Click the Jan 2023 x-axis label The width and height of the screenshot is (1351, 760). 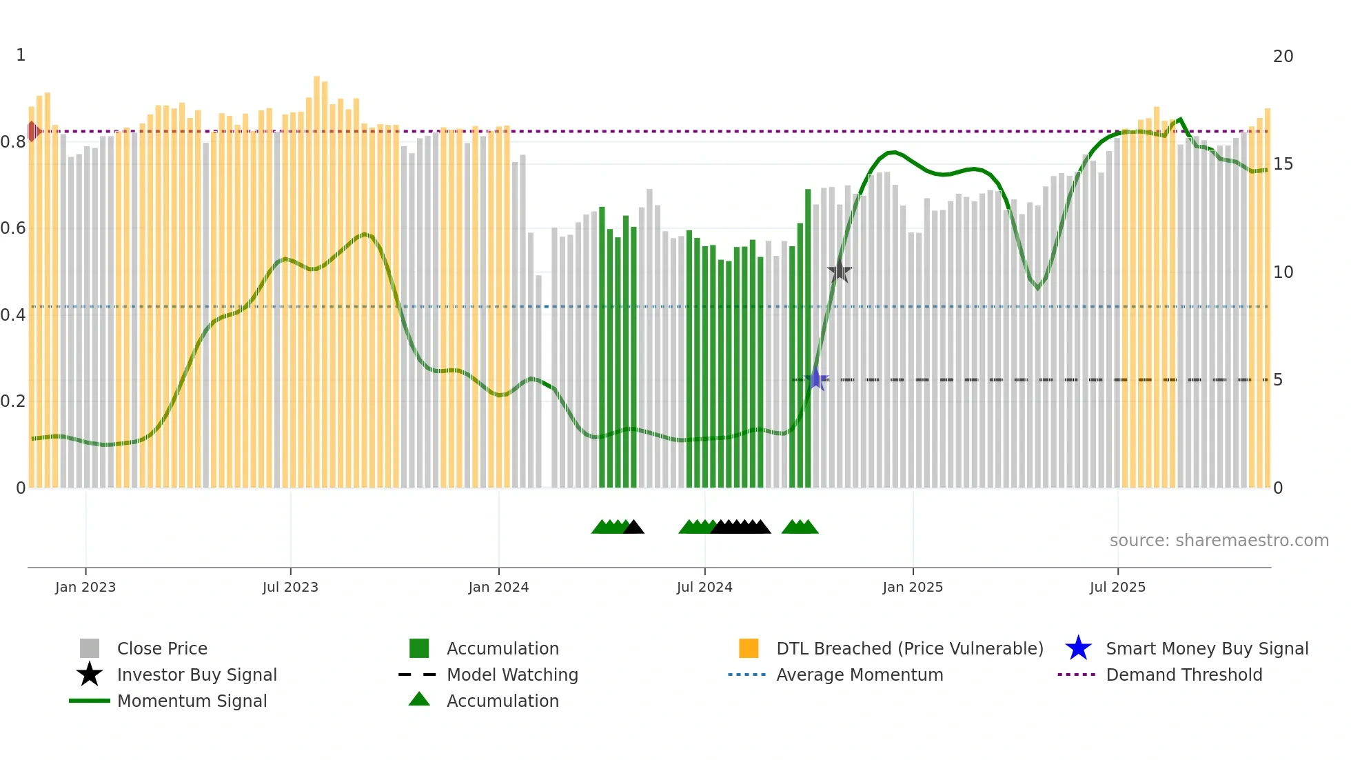[85, 587]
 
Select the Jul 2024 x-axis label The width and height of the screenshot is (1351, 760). [704, 587]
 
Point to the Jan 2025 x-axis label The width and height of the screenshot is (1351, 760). [913, 587]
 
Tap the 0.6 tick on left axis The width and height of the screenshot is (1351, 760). [13, 228]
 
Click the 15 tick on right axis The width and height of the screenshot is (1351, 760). [1283, 164]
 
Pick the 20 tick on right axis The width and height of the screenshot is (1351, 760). [1283, 57]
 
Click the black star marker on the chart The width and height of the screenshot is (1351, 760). [840, 272]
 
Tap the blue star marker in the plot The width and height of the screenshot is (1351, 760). [817, 379]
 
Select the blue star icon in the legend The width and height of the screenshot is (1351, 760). [1078, 648]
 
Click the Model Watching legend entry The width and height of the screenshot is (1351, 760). [512, 674]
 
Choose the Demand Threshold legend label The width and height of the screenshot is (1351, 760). [1184, 674]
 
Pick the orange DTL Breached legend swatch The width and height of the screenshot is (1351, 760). [749, 648]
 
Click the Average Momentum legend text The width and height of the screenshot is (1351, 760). [860, 674]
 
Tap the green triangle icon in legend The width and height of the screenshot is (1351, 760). [419, 699]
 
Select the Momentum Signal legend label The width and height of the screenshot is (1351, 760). [192, 701]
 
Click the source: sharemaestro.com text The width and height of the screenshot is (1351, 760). [1219, 541]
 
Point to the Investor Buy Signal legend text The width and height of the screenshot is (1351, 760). [196, 674]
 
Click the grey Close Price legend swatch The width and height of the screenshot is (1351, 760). [90, 648]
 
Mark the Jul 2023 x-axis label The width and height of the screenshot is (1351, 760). [290, 587]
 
